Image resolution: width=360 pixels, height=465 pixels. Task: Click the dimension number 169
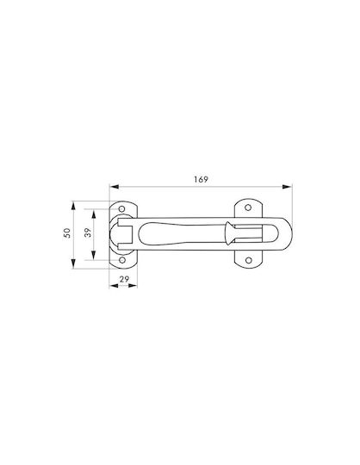pyautogui.click(x=201, y=179)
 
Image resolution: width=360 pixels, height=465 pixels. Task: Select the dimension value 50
pyautogui.click(x=68, y=232)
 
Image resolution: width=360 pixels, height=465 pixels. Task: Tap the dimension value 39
pyautogui.click(x=88, y=232)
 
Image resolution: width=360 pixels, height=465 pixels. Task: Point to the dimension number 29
pyautogui.click(x=124, y=279)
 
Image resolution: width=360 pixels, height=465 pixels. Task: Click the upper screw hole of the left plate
pyautogui.click(x=121, y=208)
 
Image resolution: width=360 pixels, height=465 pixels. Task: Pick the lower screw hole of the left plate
pyautogui.click(x=122, y=260)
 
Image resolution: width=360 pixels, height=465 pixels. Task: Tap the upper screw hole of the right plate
pyautogui.click(x=248, y=208)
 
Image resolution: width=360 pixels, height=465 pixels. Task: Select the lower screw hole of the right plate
pyautogui.click(x=249, y=260)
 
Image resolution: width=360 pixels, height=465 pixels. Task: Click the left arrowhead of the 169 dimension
pyautogui.click(x=115, y=187)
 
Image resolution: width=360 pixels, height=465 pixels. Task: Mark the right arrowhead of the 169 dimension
pyautogui.click(x=287, y=187)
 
